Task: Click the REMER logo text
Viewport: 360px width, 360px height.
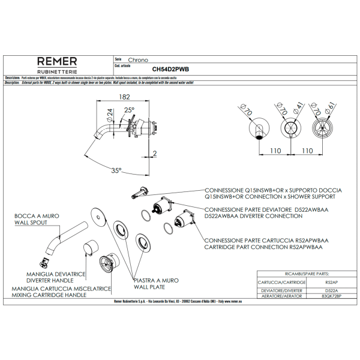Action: coord(57,61)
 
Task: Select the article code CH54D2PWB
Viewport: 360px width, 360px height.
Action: coord(170,69)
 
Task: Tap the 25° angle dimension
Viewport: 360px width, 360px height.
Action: coord(130,110)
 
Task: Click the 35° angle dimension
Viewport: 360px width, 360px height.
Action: coord(116,170)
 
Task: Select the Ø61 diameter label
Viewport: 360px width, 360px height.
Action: coord(331,108)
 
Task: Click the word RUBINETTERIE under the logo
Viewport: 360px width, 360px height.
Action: coord(57,71)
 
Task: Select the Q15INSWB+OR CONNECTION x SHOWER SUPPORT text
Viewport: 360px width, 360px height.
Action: coord(270,196)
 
